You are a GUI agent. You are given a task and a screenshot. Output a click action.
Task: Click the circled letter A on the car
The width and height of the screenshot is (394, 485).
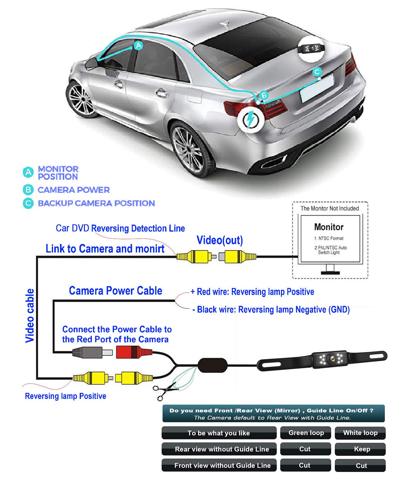coord(139,46)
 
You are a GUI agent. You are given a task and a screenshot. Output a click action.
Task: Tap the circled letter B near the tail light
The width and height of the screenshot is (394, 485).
coord(264,95)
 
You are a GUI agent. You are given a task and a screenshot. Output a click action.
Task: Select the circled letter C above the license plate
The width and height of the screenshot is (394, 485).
coord(317,72)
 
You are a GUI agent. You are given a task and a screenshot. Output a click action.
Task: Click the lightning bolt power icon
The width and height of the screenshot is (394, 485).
coord(250,119)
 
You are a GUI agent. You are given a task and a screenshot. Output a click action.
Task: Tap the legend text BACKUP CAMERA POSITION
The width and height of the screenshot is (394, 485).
coord(96,203)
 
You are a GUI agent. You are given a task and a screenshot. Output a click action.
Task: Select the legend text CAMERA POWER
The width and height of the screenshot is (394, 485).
coord(74,190)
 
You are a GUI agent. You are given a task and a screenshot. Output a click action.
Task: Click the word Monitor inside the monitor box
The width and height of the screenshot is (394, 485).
coord(329,227)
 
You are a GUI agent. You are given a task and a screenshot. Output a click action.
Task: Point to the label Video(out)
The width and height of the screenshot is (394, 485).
coord(220,240)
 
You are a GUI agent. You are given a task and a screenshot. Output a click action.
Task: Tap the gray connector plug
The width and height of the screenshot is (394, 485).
coord(92,353)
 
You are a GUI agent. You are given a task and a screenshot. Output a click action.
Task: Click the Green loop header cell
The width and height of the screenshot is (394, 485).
coord(306,433)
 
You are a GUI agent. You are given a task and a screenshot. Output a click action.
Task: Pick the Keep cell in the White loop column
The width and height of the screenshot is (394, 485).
coord(360,449)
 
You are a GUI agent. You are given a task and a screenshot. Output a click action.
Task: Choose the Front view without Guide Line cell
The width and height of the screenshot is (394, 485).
coord(219,465)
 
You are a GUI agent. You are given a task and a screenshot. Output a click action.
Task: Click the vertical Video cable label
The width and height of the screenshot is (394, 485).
coord(30,316)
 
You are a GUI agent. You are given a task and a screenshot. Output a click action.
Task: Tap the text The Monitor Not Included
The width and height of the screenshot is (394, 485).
coord(329,208)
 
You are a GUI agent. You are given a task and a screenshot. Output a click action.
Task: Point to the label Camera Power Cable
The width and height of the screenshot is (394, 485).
coord(115,291)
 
